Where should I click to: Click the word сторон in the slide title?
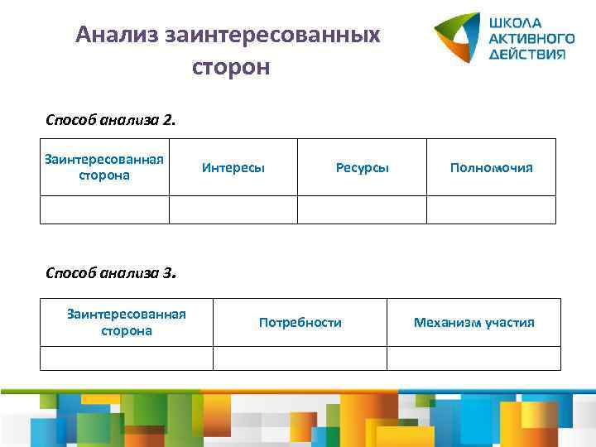[231, 66]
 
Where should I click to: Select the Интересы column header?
[233, 167]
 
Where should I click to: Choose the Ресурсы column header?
[362, 167]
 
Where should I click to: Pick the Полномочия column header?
[491, 167]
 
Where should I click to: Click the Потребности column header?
[300, 322]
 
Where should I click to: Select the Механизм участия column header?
[473, 322]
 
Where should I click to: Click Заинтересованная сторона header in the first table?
[104, 166]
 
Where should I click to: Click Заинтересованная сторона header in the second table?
[126, 322]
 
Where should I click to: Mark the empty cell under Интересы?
[233, 209]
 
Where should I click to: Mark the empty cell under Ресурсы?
[362, 209]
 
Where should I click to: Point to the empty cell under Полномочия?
[491, 209]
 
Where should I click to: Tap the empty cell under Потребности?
[300, 358]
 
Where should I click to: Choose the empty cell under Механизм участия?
[473, 358]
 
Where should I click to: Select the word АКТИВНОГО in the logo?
[531, 38]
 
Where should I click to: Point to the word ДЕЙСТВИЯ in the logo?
[527, 54]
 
